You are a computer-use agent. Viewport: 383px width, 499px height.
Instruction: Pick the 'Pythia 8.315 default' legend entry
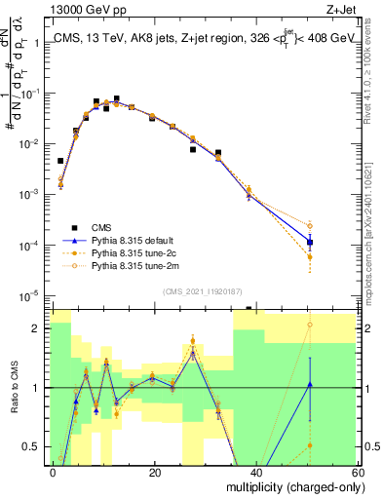pos(140,239)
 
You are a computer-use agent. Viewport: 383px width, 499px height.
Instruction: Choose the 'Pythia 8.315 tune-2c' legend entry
pos(140,251)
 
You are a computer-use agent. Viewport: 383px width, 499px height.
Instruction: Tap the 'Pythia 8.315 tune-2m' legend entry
pos(140,264)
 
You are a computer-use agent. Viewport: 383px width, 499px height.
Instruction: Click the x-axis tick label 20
pos(154,472)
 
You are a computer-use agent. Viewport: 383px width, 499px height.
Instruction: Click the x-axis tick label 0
pos(55,472)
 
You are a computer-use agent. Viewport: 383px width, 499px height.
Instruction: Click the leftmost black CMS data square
pos(60,161)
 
